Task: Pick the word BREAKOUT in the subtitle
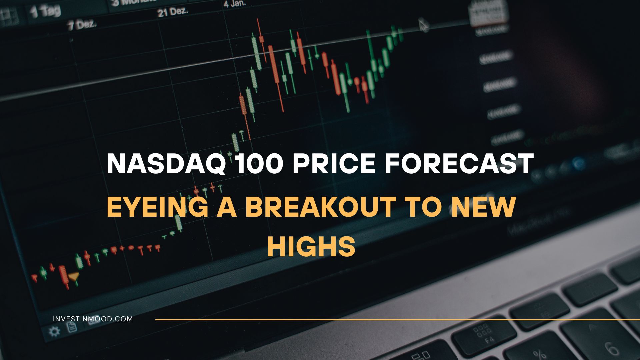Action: pos(320,207)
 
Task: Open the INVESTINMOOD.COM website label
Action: pos(93,319)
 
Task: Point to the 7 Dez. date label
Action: pos(82,25)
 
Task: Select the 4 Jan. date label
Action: pos(235,4)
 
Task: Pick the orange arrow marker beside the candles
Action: pos(74,276)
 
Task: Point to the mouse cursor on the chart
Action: pos(423,25)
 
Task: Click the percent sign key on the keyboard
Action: pos(538,354)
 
